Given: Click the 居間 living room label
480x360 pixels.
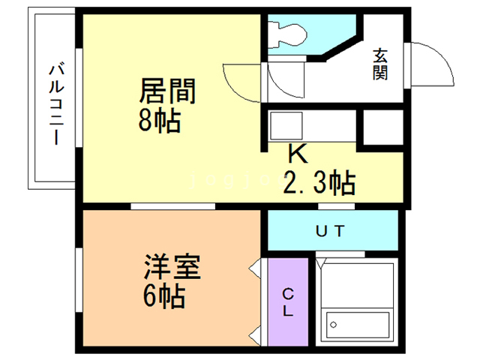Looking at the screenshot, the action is pos(167,91).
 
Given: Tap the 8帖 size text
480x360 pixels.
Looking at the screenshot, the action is pos(160,121).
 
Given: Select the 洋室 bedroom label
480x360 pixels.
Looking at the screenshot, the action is pos(172,267).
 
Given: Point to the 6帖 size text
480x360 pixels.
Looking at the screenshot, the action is pos(164,296).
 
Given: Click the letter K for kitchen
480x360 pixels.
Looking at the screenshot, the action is pos(298,154).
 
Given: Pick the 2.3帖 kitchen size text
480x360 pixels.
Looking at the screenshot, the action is pos(319,183).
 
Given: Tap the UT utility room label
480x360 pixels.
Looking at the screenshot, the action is pos(330,231).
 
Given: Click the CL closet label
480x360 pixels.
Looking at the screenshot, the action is pos(288,302).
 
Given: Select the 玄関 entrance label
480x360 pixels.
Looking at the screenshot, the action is pos(380,64).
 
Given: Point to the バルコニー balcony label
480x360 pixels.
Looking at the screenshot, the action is pos(57,104).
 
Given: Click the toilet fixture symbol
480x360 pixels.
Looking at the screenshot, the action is pos(287,34).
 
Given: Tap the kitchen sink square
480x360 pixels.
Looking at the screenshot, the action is pos(286,126).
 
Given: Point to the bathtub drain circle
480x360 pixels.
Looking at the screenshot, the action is pos(334,325).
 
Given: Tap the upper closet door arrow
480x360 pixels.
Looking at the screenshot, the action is pos(255,269).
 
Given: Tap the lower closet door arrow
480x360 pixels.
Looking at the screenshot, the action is pos(255,336).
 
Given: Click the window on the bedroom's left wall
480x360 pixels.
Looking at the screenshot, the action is pos(79,280).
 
